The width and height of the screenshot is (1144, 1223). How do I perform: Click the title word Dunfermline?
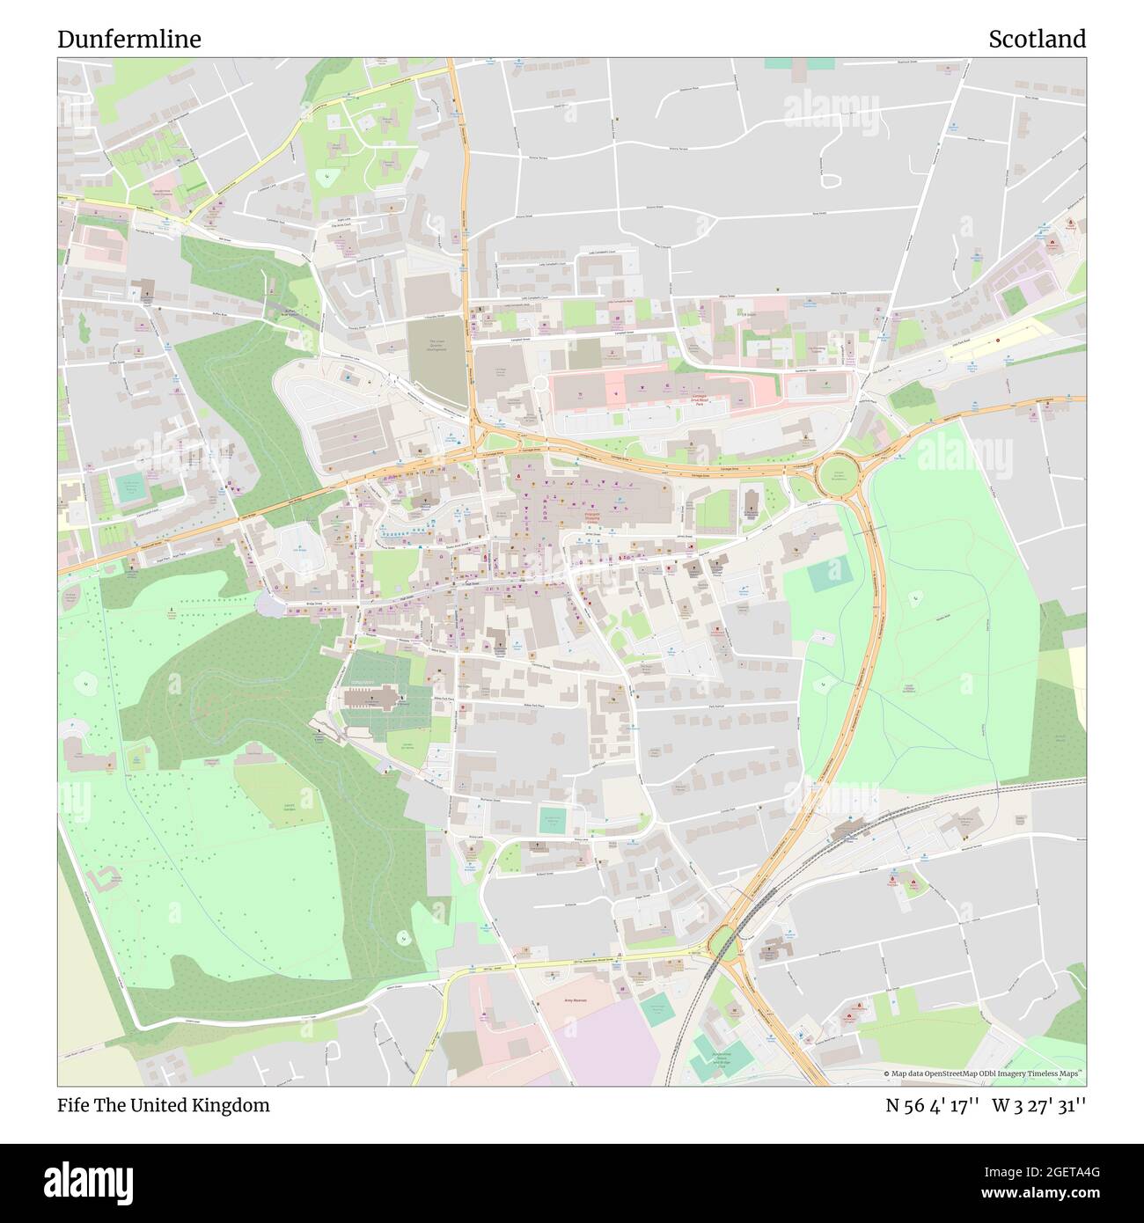click(129, 40)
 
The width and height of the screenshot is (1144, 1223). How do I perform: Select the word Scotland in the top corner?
click(1037, 40)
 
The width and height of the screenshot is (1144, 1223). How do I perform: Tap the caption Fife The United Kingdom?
click(164, 1106)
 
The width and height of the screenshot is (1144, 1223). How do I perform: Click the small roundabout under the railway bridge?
click(723, 942)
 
